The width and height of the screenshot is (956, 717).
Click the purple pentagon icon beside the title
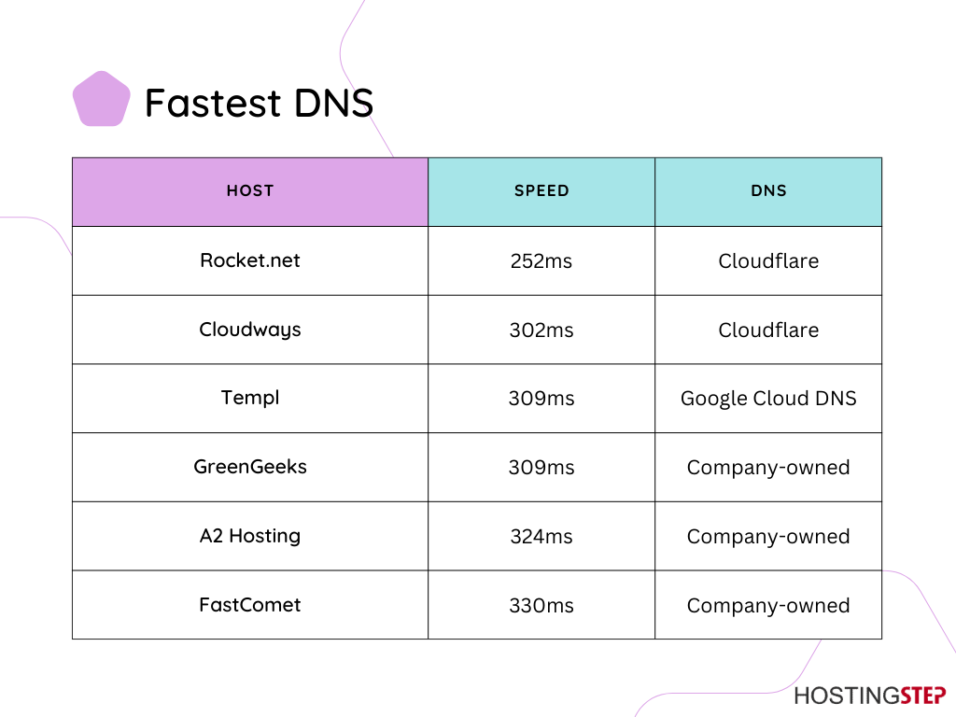(x=101, y=99)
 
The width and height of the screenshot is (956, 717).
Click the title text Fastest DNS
(x=260, y=103)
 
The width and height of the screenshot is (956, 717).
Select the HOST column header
(x=250, y=190)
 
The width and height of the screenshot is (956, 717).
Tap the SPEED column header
(x=541, y=190)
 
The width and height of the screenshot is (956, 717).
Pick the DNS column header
(x=768, y=190)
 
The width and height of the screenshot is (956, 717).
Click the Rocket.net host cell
(x=250, y=260)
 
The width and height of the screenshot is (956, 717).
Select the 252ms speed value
(x=541, y=261)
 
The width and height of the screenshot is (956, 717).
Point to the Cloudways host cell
(x=250, y=330)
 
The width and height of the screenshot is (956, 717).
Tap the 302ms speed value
(x=541, y=330)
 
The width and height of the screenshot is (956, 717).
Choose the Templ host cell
(x=250, y=398)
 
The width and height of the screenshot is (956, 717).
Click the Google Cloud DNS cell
(x=768, y=398)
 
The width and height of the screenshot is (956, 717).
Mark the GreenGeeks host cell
(x=250, y=467)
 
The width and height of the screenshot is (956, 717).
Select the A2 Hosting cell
(x=250, y=536)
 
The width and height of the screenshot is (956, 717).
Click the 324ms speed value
(x=541, y=537)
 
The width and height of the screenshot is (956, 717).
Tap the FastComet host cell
(x=250, y=605)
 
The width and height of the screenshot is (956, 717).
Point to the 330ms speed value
(x=541, y=605)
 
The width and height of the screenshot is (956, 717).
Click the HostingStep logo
(x=870, y=696)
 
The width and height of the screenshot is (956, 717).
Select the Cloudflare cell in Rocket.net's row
(x=768, y=261)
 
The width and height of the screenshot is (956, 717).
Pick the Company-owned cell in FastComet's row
(x=768, y=605)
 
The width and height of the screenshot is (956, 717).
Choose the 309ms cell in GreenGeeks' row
(x=541, y=468)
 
